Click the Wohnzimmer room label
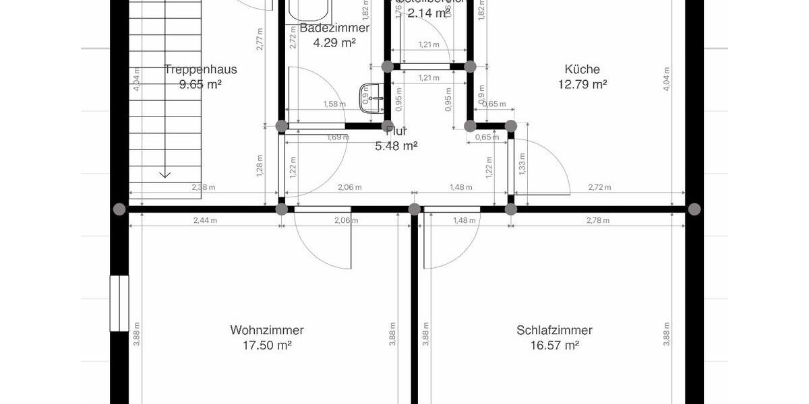click(x=266, y=330)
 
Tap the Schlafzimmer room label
click(x=554, y=330)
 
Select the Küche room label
click(x=582, y=69)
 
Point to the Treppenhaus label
click(x=200, y=69)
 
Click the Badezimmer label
click(x=334, y=28)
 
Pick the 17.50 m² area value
click(x=266, y=345)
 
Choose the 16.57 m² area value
click(x=554, y=345)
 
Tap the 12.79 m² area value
click(x=582, y=84)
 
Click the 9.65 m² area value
click(x=200, y=84)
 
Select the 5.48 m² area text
click(x=396, y=145)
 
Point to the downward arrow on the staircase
click(x=164, y=174)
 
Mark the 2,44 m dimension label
click(x=206, y=220)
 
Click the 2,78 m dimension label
click(x=597, y=220)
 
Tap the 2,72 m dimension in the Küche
click(x=599, y=187)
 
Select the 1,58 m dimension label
click(x=334, y=104)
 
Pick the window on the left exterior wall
click(x=119, y=303)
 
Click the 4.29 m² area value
click(x=334, y=43)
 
